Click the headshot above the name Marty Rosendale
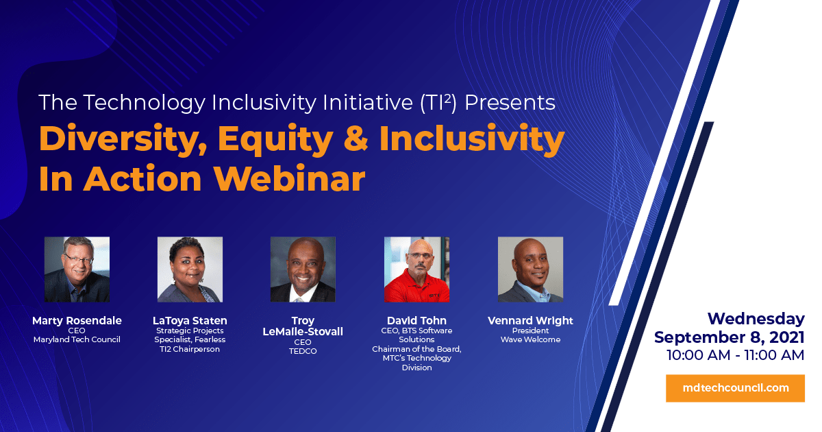77,269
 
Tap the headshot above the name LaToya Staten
190,269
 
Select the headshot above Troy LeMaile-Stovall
303,269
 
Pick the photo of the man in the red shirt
417,269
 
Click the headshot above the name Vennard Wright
531,269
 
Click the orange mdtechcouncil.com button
736,388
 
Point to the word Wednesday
756,320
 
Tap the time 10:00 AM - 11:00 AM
736,355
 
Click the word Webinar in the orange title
290,179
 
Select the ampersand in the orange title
356,138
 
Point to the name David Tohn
417,320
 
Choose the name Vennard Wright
531,321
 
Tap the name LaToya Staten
190,321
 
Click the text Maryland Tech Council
77,340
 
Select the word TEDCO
303,351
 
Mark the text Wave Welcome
531,340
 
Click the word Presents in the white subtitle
510,102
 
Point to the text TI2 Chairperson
190,349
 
